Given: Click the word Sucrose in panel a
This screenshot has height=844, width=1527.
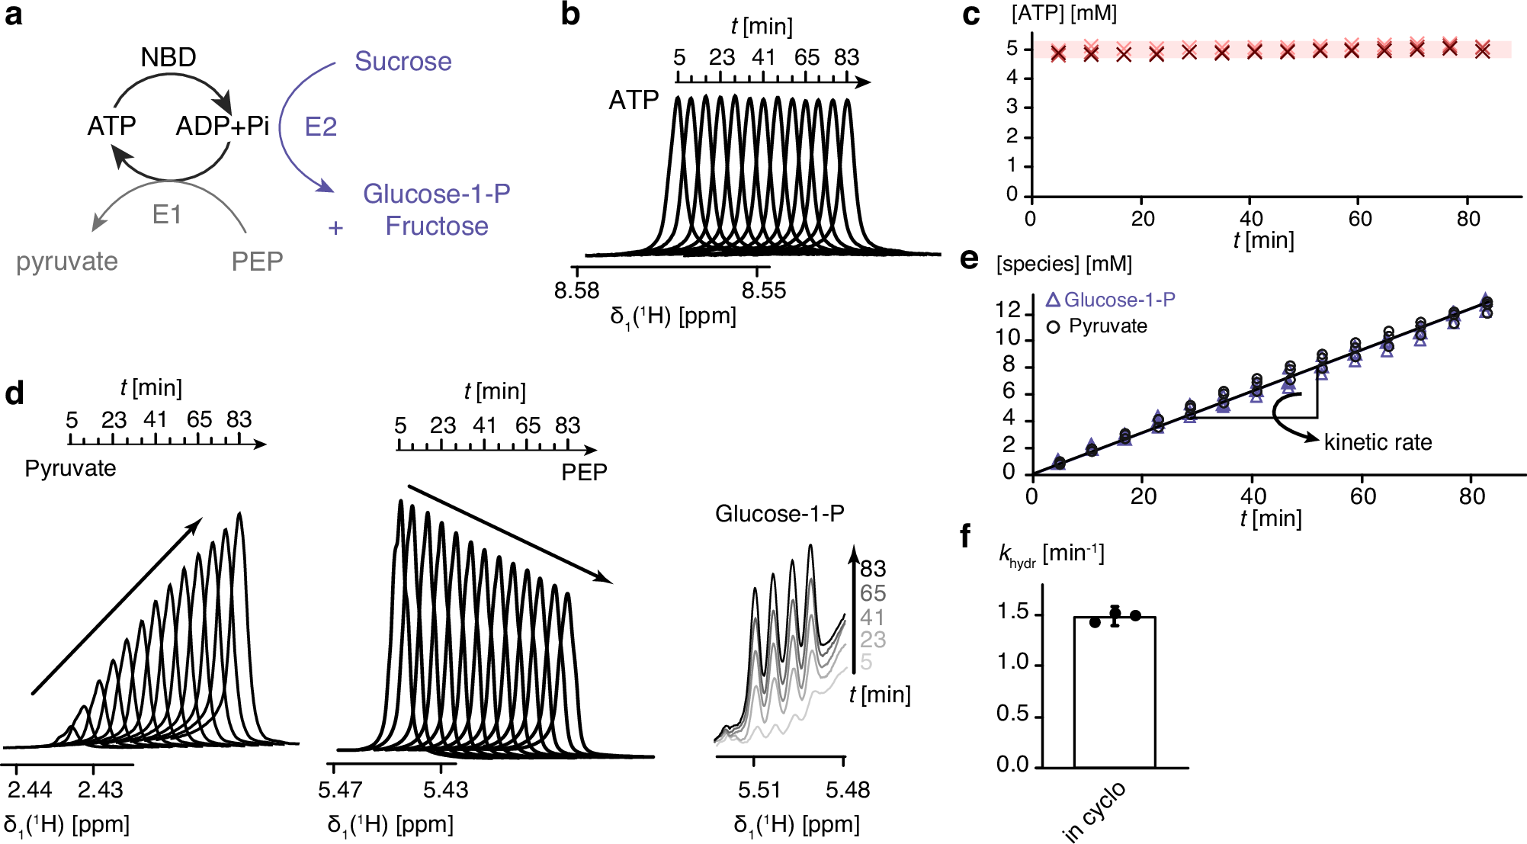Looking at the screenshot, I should pyautogui.click(x=403, y=61).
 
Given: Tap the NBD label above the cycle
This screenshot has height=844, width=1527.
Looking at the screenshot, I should pyautogui.click(x=168, y=57).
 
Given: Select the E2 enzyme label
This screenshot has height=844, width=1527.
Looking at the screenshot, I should pyautogui.click(x=320, y=127).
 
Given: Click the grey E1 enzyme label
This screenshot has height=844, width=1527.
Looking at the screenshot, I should pyautogui.click(x=167, y=215).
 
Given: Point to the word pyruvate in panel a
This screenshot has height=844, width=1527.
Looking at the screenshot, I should pyautogui.click(x=67, y=262).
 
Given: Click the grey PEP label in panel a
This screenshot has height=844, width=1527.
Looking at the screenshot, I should pyautogui.click(x=257, y=262).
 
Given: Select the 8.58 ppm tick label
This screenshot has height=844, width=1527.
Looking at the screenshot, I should pyautogui.click(x=576, y=290).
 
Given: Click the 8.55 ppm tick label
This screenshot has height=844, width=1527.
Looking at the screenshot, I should pyautogui.click(x=763, y=290).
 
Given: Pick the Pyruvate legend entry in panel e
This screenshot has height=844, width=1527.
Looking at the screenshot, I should pyautogui.click(x=1107, y=326).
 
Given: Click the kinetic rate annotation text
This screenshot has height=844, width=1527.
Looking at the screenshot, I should pyautogui.click(x=1378, y=442).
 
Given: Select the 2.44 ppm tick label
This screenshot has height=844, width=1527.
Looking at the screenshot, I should pyautogui.click(x=30, y=789).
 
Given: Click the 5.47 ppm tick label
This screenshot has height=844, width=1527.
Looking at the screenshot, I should pyautogui.click(x=340, y=789).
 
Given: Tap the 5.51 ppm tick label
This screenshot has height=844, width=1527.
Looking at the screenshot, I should pyautogui.click(x=759, y=789).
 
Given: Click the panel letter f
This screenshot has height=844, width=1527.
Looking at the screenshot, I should pyautogui.click(x=965, y=537).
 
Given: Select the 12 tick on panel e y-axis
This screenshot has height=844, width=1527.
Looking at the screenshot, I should pyautogui.click(x=1008, y=310).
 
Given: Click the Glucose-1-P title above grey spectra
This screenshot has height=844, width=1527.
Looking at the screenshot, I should pyautogui.click(x=779, y=514).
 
